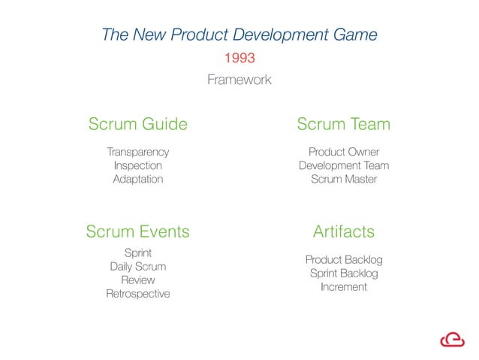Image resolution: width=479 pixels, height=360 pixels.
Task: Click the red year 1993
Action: click(x=239, y=58)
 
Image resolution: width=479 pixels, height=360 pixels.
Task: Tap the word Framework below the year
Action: click(x=239, y=80)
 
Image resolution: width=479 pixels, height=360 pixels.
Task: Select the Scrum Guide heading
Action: click(x=137, y=124)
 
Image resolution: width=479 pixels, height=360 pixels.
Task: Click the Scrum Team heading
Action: click(x=343, y=124)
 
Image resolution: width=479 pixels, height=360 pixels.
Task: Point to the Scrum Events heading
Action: click(x=137, y=231)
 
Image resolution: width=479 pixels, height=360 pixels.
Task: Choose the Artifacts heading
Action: click(x=343, y=231)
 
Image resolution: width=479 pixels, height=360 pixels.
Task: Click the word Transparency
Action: click(x=137, y=152)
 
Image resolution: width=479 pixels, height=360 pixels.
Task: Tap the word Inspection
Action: click(x=137, y=165)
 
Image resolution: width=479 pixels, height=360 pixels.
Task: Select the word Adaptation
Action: click(x=137, y=180)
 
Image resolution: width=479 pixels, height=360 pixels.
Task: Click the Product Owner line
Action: click(x=343, y=152)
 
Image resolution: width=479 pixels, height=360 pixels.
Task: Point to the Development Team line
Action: click(x=343, y=165)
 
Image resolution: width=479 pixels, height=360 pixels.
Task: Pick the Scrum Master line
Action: click(x=343, y=180)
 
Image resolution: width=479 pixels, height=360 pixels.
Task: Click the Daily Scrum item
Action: click(x=137, y=266)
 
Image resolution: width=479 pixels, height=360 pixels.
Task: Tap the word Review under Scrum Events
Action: click(x=137, y=280)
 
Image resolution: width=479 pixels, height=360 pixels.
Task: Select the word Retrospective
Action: click(x=137, y=294)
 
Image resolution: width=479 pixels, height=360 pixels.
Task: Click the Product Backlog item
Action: click(x=343, y=259)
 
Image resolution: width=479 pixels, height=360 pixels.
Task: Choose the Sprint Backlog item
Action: click(x=343, y=274)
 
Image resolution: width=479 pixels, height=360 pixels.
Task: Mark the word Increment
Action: click(x=343, y=287)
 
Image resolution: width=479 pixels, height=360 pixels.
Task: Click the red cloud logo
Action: click(x=452, y=339)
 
